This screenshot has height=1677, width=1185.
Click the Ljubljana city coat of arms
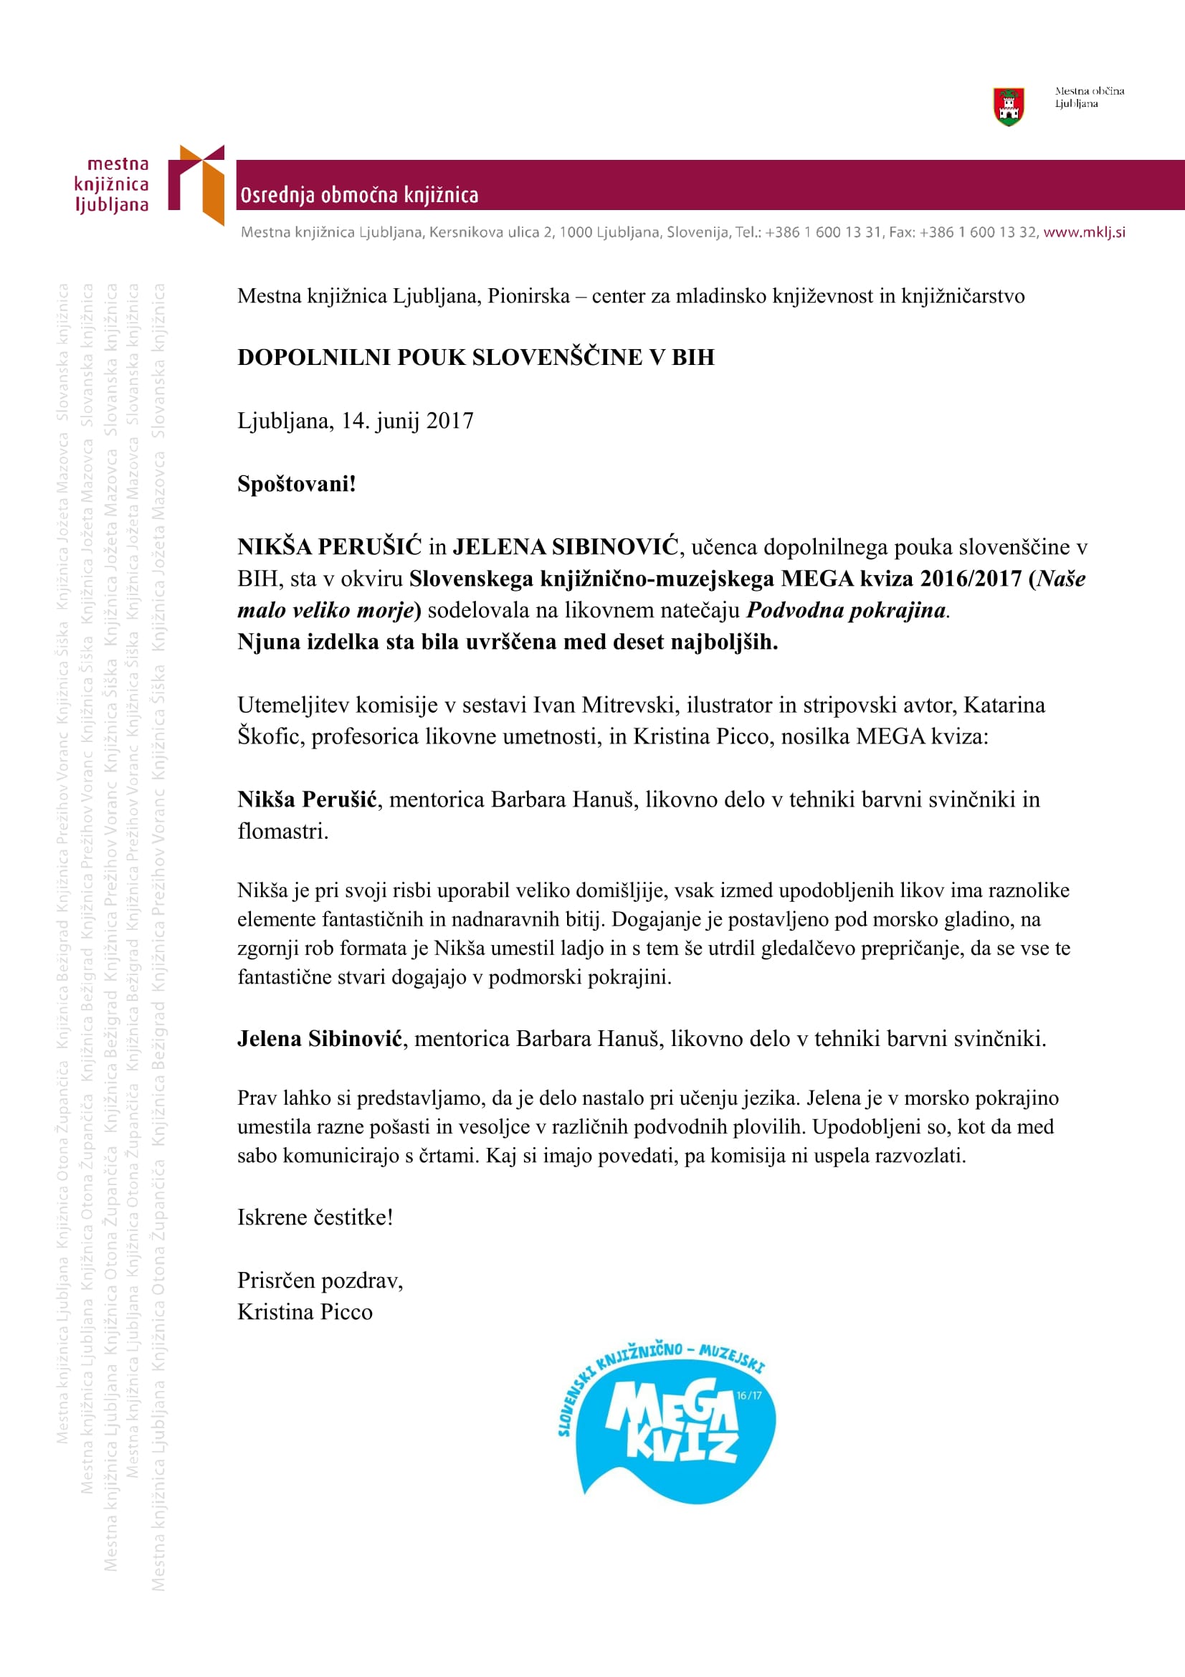pos(1009,107)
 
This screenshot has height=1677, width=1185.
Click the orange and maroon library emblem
pos(196,184)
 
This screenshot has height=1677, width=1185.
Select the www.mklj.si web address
pos(1083,232)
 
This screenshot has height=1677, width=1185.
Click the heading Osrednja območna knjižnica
pos(359,195)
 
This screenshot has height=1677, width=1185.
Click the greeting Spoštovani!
pos(297,483)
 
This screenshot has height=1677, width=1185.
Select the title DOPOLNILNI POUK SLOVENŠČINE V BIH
pos(475,357)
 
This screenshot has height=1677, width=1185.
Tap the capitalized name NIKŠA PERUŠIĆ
pos(329,546)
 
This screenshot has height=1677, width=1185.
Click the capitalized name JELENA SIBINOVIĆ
pos(566,546)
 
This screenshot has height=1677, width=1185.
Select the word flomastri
pos(282,831)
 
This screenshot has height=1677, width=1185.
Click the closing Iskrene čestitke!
pos(315,1217)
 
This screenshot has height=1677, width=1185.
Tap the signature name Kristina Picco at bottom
pos(305,1312)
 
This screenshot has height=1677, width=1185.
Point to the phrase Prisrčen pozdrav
pos(319,1281)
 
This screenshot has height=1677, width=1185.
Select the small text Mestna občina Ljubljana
pos(1089,97)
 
